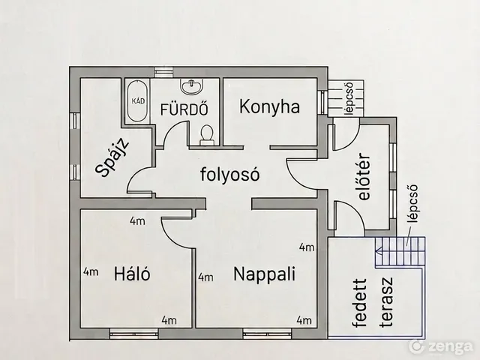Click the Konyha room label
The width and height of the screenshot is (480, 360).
[x=269, y=107]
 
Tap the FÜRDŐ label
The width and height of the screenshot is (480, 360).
[x=184, y=109]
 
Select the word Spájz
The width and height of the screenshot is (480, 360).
[x=112, y=158]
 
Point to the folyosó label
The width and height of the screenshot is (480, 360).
[x=230, y=174]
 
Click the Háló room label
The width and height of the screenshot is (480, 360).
[x=132, y=273]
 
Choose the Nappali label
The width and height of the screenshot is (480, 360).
[x=264, y=274]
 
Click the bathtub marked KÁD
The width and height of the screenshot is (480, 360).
[x=137, y=101]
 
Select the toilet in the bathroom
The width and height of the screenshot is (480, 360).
[x=207, y=135]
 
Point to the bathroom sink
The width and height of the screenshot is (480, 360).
[x=192, y=85]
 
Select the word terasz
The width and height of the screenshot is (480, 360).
[x=386, y=302]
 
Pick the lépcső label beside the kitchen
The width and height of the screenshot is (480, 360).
[x=349, y=98]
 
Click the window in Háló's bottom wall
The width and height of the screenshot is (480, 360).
[x=133, y=334]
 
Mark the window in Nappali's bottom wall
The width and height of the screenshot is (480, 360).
[x=268, y=334]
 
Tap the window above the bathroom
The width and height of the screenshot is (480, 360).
[x=164, y=72]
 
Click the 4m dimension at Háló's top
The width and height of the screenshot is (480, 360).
[x=137, y=220]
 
